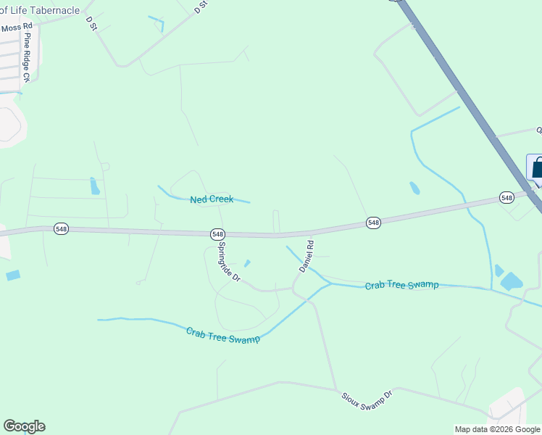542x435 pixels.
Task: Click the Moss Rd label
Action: [x=17, y=28]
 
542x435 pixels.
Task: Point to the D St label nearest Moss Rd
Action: [x=91, y=23]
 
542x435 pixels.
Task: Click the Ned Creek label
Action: [x=212, y=199]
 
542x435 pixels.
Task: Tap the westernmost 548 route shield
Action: [x=61, y=229]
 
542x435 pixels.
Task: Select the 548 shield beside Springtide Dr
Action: [x=218, y=234]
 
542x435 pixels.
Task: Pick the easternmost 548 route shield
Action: [x=506, y=197]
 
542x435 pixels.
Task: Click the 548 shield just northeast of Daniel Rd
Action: [x=373, y=223]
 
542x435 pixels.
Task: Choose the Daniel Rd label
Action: [x=307, y=256]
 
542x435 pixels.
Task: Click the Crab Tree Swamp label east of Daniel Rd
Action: [x=401, y=285]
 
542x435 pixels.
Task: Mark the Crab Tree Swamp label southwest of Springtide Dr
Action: [x=222, y=336]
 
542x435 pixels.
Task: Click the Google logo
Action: [x=24, y=426]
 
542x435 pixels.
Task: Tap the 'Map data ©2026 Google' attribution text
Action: [x=497, y=429]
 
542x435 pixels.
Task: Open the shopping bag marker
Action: [x=536, y=168]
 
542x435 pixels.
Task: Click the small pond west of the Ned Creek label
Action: [x=95, y=186]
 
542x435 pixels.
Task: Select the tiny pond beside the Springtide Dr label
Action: [x=247, y=263]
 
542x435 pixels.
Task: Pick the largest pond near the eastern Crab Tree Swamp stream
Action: [x=512, y=281]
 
